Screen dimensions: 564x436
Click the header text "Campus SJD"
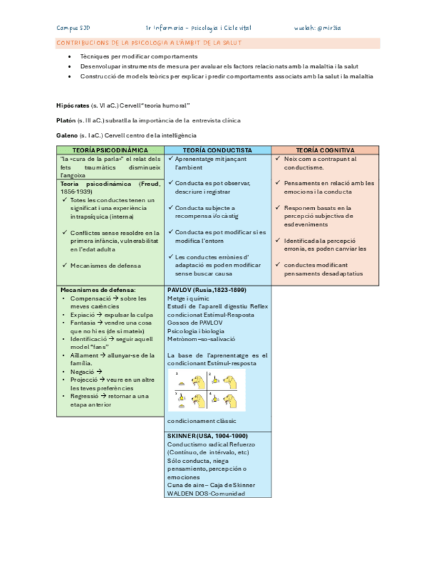73,28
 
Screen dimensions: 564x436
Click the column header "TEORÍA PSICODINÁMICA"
110,150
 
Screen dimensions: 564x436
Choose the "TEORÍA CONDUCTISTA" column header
217,150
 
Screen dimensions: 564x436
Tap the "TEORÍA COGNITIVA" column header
325,150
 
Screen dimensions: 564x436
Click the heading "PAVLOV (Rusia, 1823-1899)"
206,290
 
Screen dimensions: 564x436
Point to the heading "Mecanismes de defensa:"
97,290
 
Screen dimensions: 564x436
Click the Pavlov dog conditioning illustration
206,391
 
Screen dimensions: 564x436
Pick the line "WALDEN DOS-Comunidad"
206,493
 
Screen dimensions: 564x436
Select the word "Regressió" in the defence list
84,396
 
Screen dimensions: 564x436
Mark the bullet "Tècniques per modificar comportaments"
138,57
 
